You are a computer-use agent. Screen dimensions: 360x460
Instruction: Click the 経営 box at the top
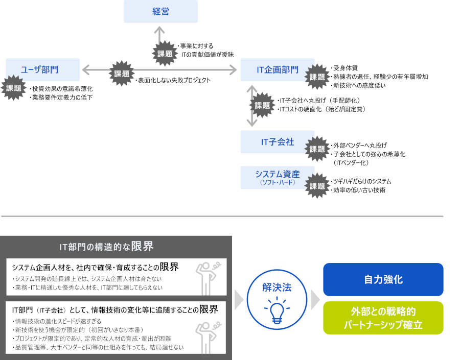pyautogui.click(x=160, y=11)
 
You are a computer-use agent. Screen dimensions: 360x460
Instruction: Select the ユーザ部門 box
pyautogui.click(x=42, y=70)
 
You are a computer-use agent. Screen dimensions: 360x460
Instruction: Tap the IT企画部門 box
pyautogui.click(x=277, y=70)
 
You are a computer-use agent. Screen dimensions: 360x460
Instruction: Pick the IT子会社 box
pyautogui.click(x=277, y=142)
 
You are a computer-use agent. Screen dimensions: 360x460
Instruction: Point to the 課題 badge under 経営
pyautogui.click(x=165, y=53)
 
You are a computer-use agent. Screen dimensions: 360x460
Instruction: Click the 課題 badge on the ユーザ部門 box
pyautogui.click(x=14, y=88)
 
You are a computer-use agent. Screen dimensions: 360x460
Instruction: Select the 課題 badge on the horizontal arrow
pyautogui.click(x=122, y=74)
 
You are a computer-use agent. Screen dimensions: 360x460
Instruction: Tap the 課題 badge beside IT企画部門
pyautogui.click(x=317, y=77)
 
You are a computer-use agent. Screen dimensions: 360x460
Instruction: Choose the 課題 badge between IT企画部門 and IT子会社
pyautogui.click(x=262, y=105)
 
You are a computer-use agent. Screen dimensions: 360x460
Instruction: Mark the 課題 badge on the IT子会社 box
pyautogui.click(x=317, y=149)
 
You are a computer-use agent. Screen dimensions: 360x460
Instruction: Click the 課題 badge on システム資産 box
pyautogui.click(x=317, y=186)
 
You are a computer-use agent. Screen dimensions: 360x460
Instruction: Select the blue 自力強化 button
pyautogui.click(x=383, y=279)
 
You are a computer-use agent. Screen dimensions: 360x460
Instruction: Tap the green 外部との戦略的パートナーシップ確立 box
pyautogui.click(x=383, y=318)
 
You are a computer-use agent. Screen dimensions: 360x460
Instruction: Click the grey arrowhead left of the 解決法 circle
pyautogui.click(x=239, y=300)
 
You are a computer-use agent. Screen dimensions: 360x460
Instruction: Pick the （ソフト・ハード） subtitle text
pyautogui.click(x=277, y=182)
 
